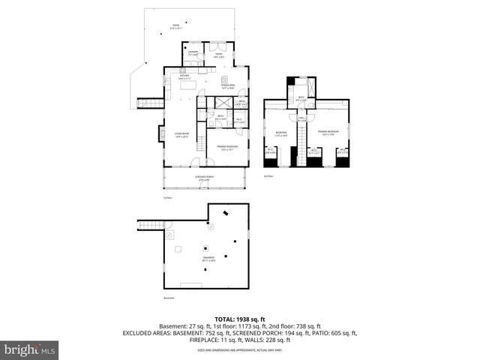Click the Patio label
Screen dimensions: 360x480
[175, 26]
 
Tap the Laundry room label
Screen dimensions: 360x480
[193, 53]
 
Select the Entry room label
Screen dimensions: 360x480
[220, 54]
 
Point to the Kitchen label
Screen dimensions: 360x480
[184, 76]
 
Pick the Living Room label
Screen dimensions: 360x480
[182, 135]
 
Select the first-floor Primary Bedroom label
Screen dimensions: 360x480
[226, 148]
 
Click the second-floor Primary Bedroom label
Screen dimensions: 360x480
[328, 133]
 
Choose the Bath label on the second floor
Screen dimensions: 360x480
[301, 98]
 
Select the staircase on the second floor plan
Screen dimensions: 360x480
[301, 139]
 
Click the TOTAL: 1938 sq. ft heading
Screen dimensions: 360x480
[240, 319]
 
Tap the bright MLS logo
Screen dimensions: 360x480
[30, 349]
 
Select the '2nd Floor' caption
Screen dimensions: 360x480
[268, 175]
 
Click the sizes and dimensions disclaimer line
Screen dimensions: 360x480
[240, 349]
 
